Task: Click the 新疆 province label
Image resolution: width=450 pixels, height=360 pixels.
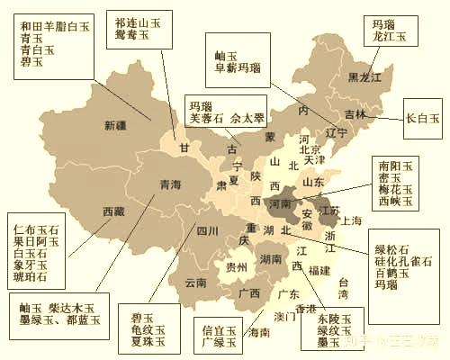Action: point(115,125)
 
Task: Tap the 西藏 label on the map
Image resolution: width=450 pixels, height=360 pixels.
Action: point(113,212)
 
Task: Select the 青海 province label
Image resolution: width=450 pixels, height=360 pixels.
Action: point(170,184)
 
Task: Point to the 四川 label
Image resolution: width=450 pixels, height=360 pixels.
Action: point(208,230)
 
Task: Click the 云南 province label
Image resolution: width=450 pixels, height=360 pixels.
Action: point(196,283)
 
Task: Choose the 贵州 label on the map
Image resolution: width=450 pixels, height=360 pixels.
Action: point(237,267)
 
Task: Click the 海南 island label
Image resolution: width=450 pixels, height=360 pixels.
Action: point(258,332)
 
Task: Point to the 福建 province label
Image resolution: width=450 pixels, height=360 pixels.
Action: point(319,269)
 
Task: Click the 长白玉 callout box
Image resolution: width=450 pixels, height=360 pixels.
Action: point(422,117)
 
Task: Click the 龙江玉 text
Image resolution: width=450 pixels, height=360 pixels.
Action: point(391,37)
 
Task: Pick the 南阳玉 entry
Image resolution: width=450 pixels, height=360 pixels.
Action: point(394,166)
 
